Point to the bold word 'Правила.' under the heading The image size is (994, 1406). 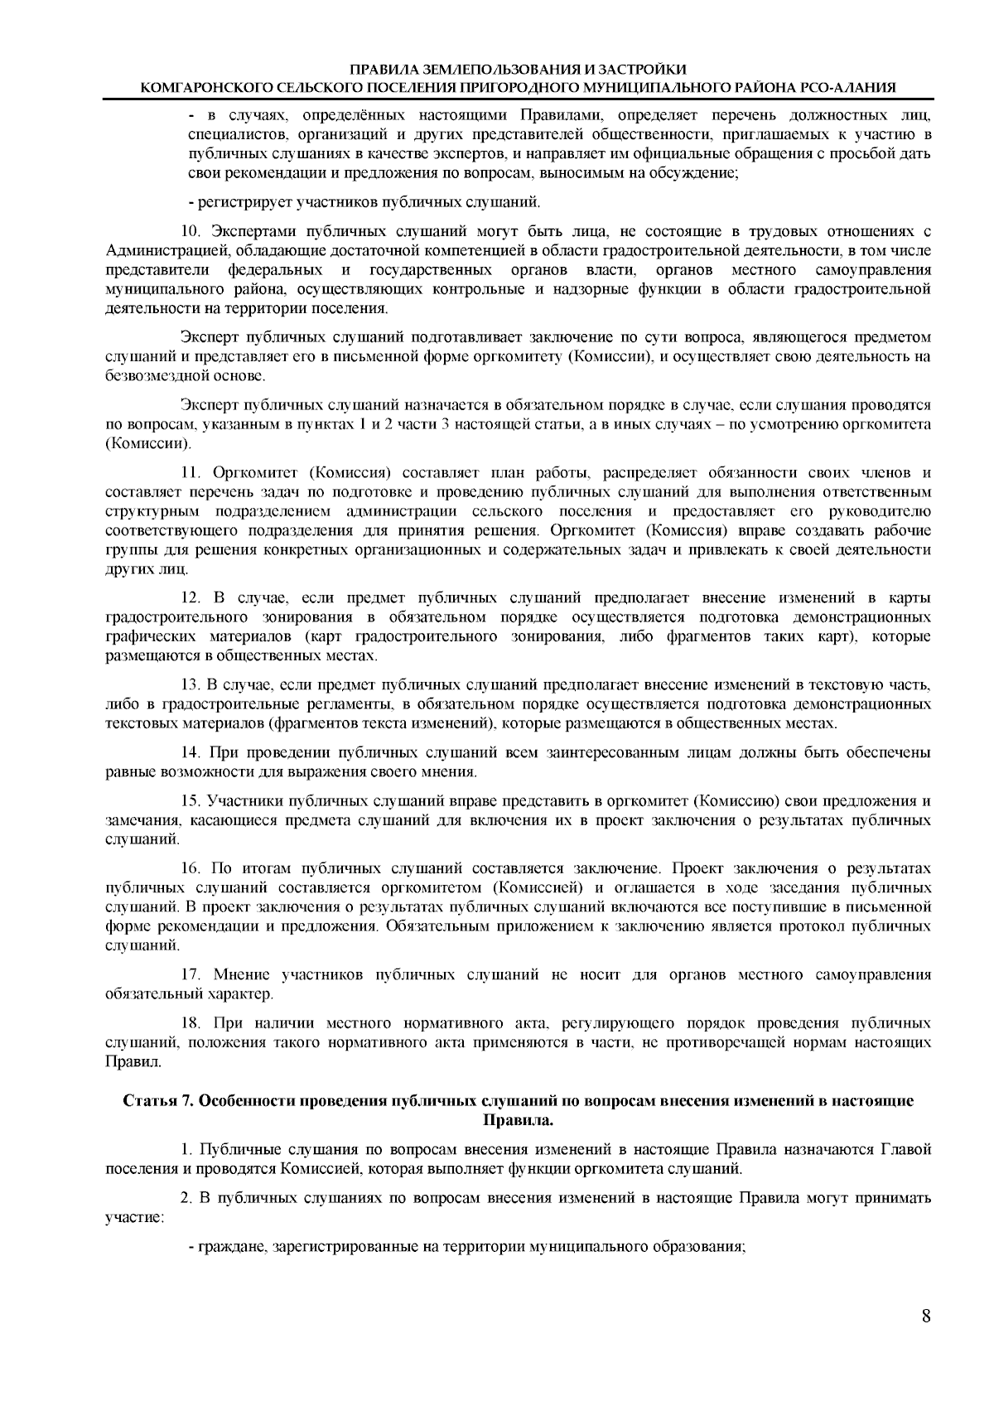pyautogui.click(x=518, y=1120)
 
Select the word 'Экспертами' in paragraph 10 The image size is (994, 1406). pyautogui.click(x=253, y=230)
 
